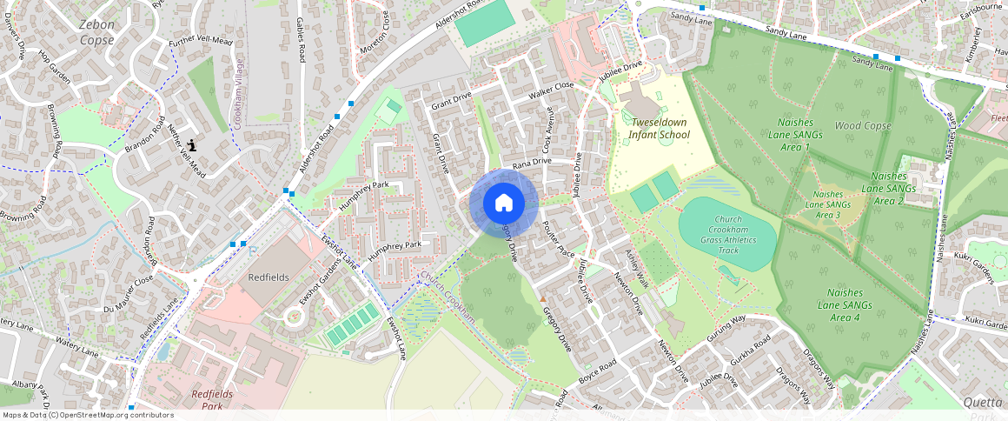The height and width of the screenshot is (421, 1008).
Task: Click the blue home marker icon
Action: pos(504,204)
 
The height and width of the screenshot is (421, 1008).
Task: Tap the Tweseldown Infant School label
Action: pos(660,129)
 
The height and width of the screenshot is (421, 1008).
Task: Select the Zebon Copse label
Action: pos(96,32)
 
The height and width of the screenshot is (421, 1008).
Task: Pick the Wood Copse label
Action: pos(863,126)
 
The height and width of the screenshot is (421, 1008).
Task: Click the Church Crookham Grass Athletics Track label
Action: pos(727,235)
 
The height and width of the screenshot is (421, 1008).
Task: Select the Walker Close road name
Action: pos(552,87)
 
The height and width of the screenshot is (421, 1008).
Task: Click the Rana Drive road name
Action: pos(532,163)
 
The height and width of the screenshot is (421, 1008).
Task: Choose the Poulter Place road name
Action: pos(558,239)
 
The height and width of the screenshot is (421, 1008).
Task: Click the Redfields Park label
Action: pos(212,399)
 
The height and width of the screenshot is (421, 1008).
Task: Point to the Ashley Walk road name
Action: pos(637,270)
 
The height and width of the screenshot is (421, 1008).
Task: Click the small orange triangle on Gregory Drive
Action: pos(543,298)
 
